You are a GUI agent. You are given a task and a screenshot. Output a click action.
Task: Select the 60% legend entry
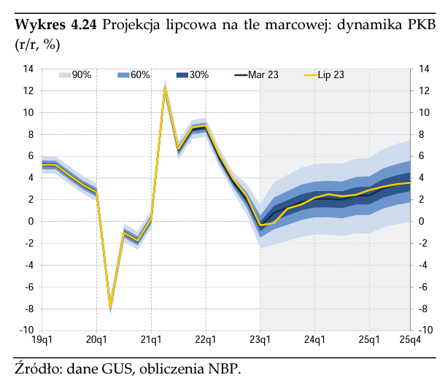133,74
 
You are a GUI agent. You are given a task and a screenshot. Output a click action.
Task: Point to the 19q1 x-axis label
42,340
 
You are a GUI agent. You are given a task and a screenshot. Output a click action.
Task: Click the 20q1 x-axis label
97,340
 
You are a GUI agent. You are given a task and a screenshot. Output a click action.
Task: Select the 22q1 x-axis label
206,340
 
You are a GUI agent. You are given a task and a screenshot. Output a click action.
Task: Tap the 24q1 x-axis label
314,340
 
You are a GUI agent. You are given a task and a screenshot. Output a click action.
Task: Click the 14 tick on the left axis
28,69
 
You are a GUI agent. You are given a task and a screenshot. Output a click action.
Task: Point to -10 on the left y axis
27,330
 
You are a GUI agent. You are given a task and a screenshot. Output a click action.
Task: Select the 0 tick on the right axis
422,222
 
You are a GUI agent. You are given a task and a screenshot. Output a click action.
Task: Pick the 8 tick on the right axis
422,134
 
